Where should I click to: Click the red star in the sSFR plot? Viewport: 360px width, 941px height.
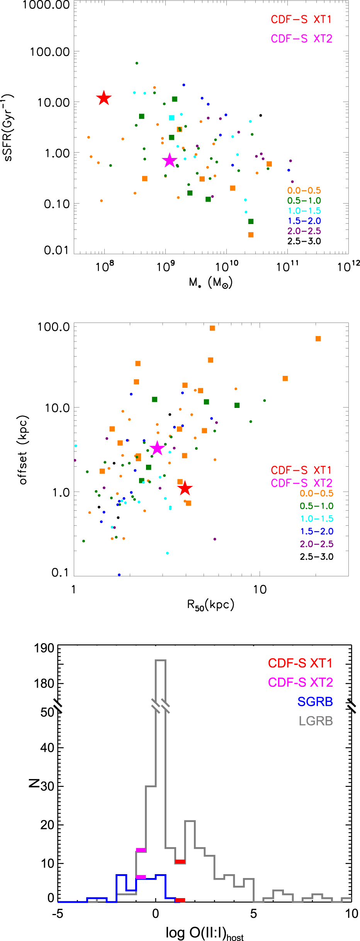pos(104,98)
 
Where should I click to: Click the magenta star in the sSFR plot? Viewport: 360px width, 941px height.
pos(170,160)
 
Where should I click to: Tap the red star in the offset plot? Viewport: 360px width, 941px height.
pos(185,488)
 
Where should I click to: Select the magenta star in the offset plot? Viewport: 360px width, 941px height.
pos(157,448)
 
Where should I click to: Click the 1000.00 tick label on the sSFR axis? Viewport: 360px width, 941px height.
pos(46,5)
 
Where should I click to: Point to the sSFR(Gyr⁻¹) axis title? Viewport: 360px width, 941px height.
pos(7,127)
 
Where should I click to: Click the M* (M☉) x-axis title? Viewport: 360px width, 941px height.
pos(211,283)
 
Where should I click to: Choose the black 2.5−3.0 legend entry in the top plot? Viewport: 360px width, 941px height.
pos(304,241)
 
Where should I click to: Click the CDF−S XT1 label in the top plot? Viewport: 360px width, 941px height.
pos(301,19)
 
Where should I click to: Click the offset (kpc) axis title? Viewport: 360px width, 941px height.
pos(23,450)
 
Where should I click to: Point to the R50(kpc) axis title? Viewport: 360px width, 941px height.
pos(211,605)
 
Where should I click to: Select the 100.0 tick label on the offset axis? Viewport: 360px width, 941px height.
pos(53,327)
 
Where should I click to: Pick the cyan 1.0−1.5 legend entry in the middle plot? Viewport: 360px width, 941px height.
pos(316,518)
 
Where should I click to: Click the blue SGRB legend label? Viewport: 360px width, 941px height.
pos(315,702)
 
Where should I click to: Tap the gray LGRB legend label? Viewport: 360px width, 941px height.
pos(316,721)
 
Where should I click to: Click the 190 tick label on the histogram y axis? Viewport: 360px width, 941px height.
pos(44,648)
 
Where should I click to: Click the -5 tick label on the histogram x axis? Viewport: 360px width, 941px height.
pos(58,914)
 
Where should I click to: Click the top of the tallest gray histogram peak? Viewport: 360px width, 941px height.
pos(161,660)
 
